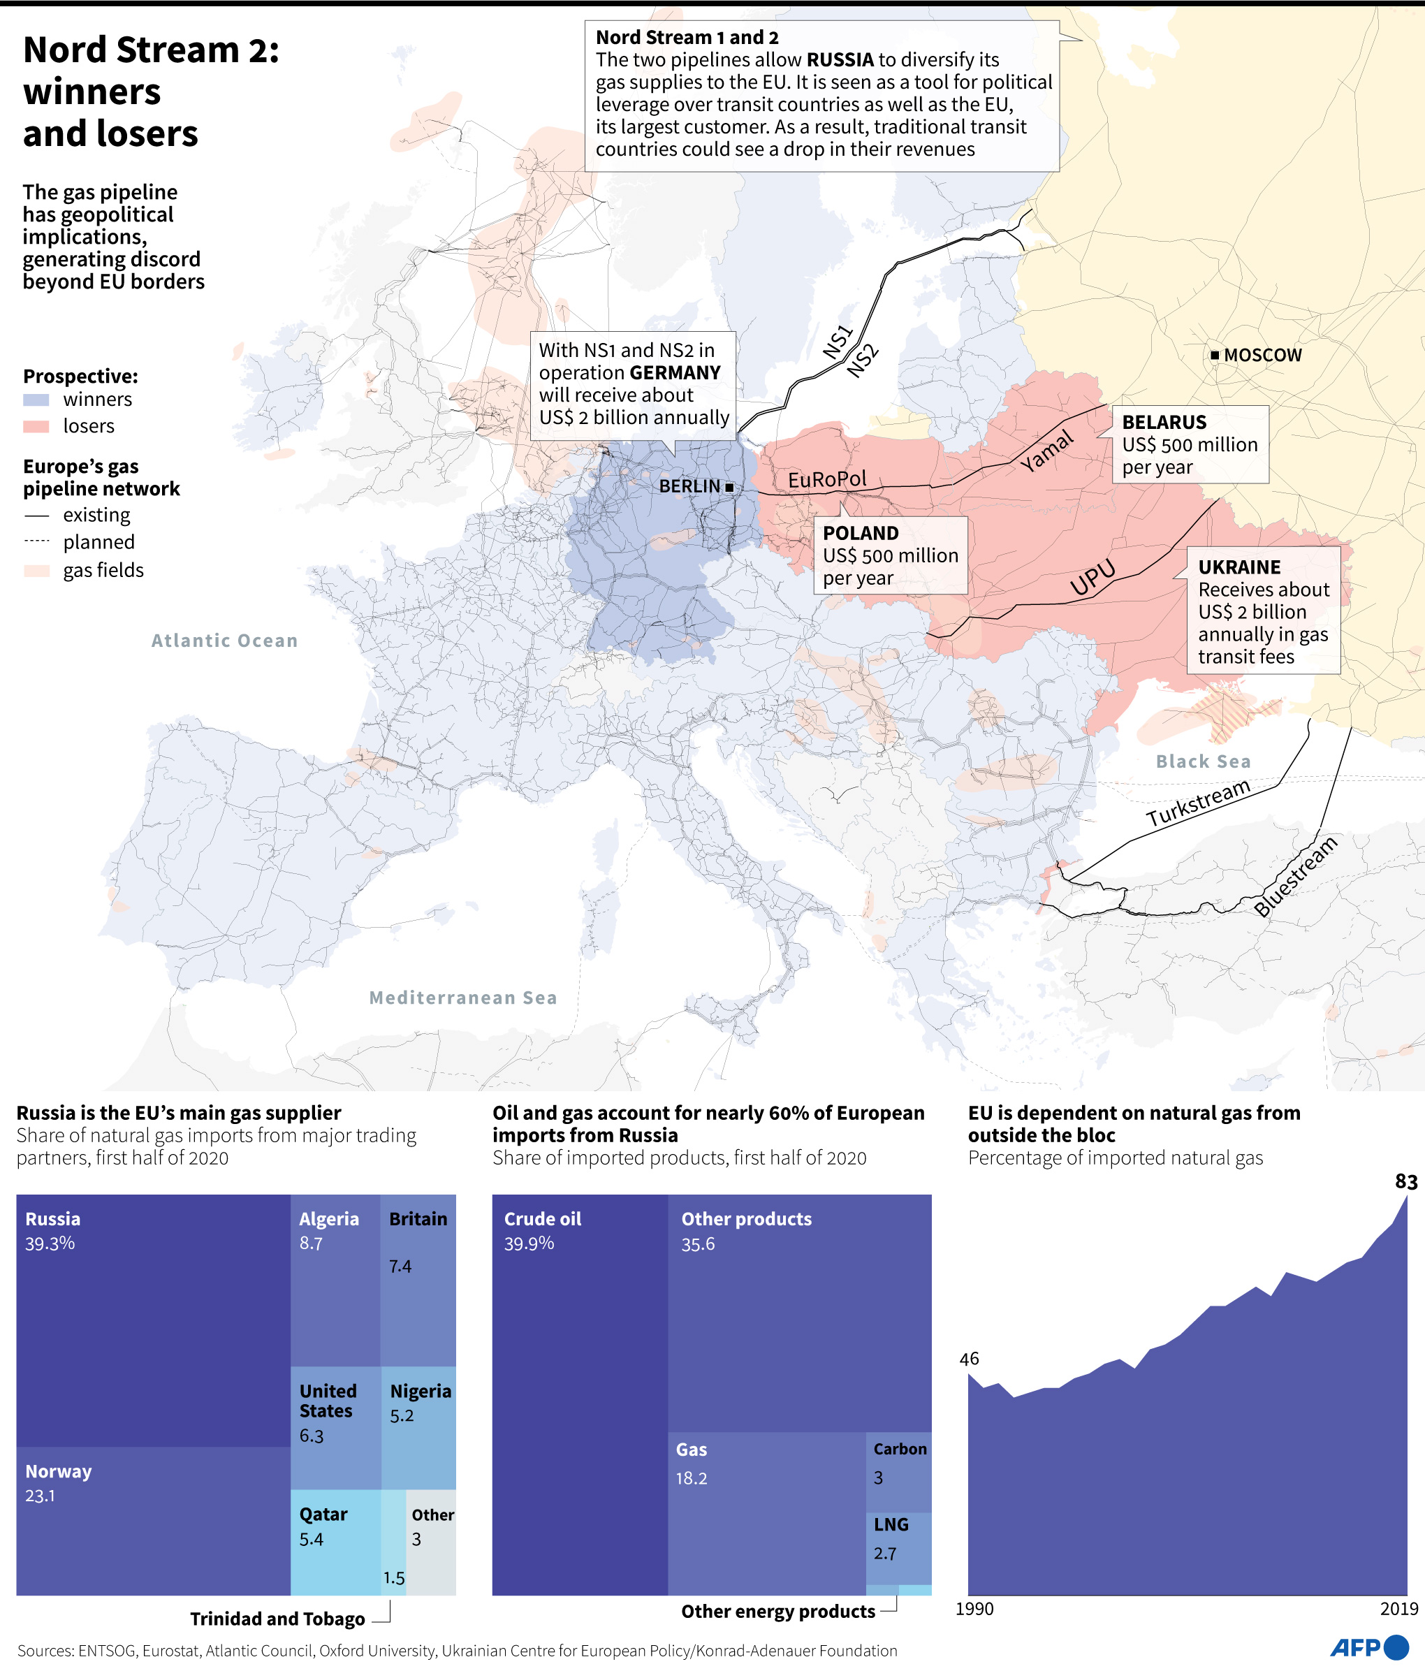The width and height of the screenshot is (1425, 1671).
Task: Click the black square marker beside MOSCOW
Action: [x=1215, y=355]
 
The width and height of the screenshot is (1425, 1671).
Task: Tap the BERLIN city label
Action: [x=689, y=486]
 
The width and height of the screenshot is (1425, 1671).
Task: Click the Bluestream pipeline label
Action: [x=1295, y=876]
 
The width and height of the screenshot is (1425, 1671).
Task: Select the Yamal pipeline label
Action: [x=1047, y=451]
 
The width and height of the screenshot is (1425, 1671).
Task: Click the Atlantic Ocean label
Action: [x=224, y=641]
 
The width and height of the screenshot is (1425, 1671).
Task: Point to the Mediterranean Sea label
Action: [x=463, y=998]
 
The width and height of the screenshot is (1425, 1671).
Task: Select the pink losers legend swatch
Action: [x=36, y=427]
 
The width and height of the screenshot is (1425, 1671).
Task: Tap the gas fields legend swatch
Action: [x=36, y=571]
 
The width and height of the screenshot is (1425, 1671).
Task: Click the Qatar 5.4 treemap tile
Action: [x=335, y=1540]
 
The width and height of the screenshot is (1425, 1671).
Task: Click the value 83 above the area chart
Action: [x=1405, y=1181]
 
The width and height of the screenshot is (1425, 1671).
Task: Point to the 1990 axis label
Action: [x=974, y=1609]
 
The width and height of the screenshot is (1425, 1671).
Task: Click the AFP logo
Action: [x=1368, y=1647]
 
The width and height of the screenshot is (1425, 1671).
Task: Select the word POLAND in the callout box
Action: [x=861, y=533]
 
